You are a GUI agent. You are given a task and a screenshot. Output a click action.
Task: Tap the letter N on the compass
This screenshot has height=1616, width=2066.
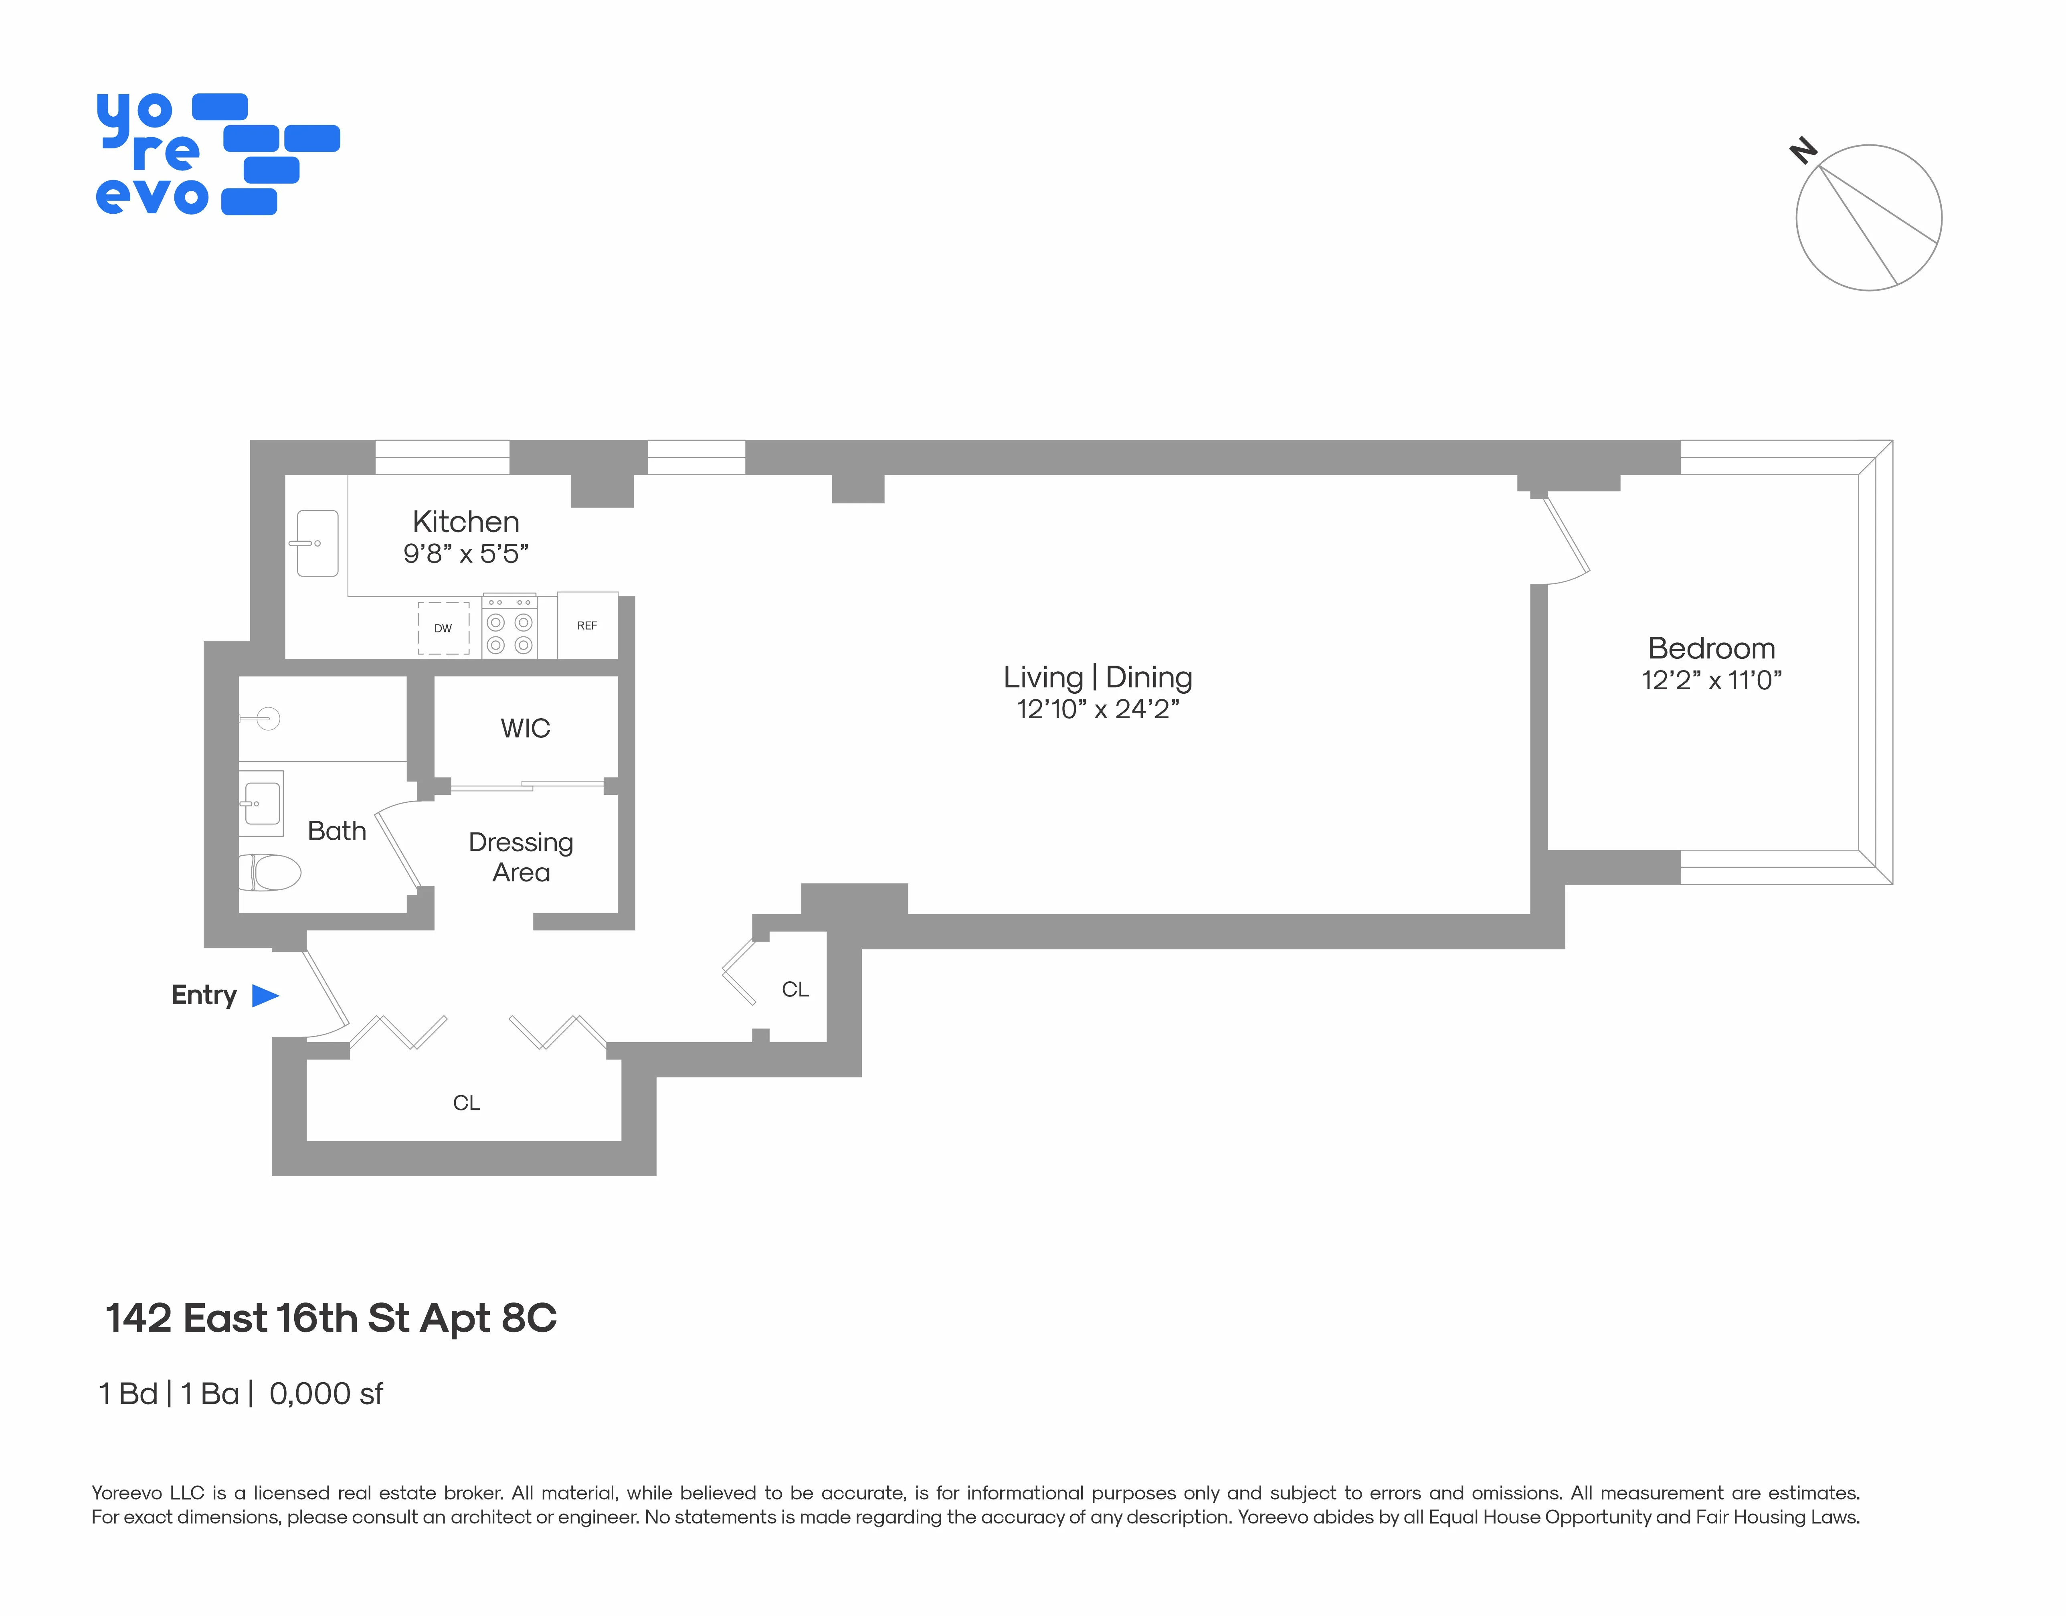pyautogui.click(x=1803, y=150)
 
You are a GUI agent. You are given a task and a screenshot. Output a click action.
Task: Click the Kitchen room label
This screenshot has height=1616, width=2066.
pyautogui.click(x=465, y=521)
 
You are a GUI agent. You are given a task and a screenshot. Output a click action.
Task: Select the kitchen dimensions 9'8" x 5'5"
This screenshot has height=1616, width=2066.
pyautogui.click(x=465, y=553)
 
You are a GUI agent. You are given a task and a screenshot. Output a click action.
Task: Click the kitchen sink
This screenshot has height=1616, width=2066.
pyautogui.click(x=317, y=543)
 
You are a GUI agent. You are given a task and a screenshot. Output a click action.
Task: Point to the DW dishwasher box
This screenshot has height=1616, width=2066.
pyautogui.click(x=443, y=628)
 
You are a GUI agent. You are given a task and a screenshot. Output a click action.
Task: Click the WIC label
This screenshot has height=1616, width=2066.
pyautogui.click(x=525, y=729)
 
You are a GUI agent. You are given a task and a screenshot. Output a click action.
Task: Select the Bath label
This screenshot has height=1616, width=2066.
pyautogui.click(x=337, y=831)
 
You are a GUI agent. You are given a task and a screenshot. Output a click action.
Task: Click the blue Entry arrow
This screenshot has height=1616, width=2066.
pyautogui.click(x=265, y=995)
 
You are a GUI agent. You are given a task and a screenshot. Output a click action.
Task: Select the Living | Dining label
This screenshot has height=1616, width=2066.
pyautogui.click(x=1097, y=677)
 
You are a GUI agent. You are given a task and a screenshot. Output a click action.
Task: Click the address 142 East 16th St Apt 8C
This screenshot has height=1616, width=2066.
pyautogui.click(x=331, y=1318)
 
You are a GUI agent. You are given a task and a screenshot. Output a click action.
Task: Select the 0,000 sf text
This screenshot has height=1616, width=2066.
pyautogui.click(x=326, y=1394)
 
